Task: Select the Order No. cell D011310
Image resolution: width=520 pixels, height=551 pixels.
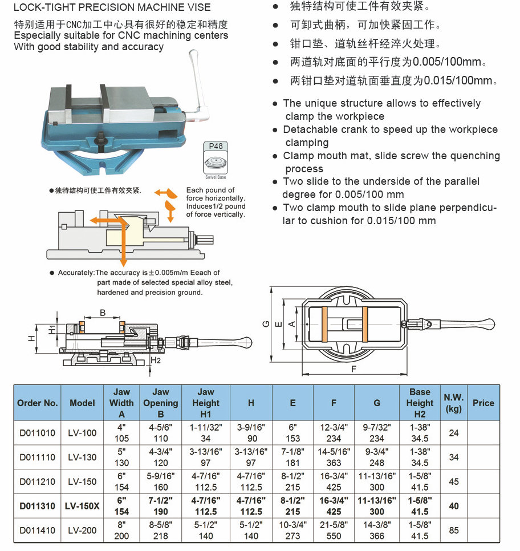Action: point(38,506)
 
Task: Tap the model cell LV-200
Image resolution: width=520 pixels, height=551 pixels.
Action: point(82,530)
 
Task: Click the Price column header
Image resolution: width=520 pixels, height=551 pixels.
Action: point(483,403)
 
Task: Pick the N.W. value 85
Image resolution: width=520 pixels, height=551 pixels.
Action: point(453,530)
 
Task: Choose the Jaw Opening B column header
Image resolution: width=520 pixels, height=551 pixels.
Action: point(161,403)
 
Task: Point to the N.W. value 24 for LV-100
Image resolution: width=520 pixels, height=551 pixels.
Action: point(453,433)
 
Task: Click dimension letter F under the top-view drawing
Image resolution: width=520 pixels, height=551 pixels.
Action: point(354,369)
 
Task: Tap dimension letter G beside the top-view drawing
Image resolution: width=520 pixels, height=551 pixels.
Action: point(266,323)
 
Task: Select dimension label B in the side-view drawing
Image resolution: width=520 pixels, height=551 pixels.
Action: point(103,313)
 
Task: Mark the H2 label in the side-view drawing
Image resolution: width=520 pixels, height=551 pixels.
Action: point(156,360)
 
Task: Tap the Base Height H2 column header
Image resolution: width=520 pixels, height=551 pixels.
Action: point(420,403)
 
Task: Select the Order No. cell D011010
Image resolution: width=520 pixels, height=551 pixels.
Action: point(38,433)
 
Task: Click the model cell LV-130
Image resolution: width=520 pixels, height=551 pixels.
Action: point(82,457)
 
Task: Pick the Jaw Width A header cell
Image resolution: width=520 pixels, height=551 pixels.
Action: point(121,403)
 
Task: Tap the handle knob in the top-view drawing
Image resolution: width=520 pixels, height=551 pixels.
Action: point(489,323)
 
